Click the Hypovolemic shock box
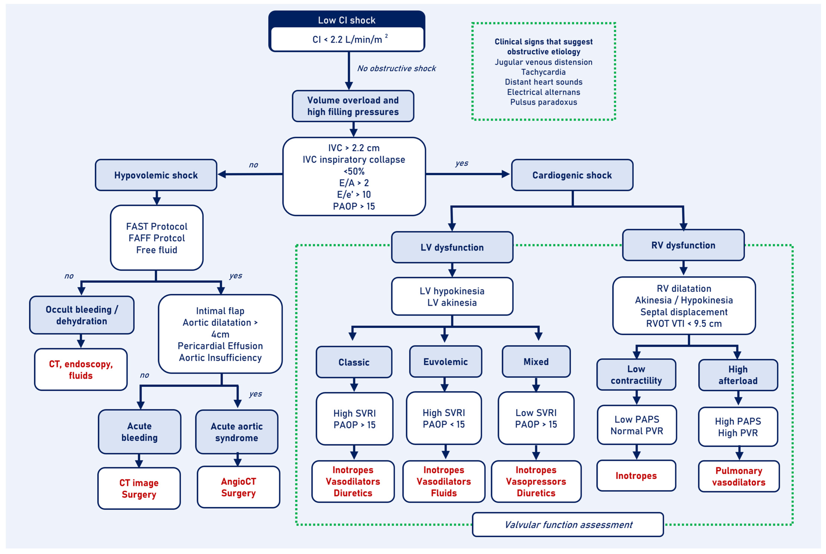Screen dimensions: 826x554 click(156, 175)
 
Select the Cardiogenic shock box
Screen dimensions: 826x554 click(572, 175)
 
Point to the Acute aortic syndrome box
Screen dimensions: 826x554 click(237, 432)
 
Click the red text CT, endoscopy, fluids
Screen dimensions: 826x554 click(81, 370)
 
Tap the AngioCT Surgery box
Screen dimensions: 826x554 click(239, 487)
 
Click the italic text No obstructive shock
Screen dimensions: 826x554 click(396, 68)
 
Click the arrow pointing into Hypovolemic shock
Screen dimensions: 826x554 click(250, 174)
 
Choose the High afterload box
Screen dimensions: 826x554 click(738, 375)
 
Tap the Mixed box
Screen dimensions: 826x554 click(536, 361)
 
